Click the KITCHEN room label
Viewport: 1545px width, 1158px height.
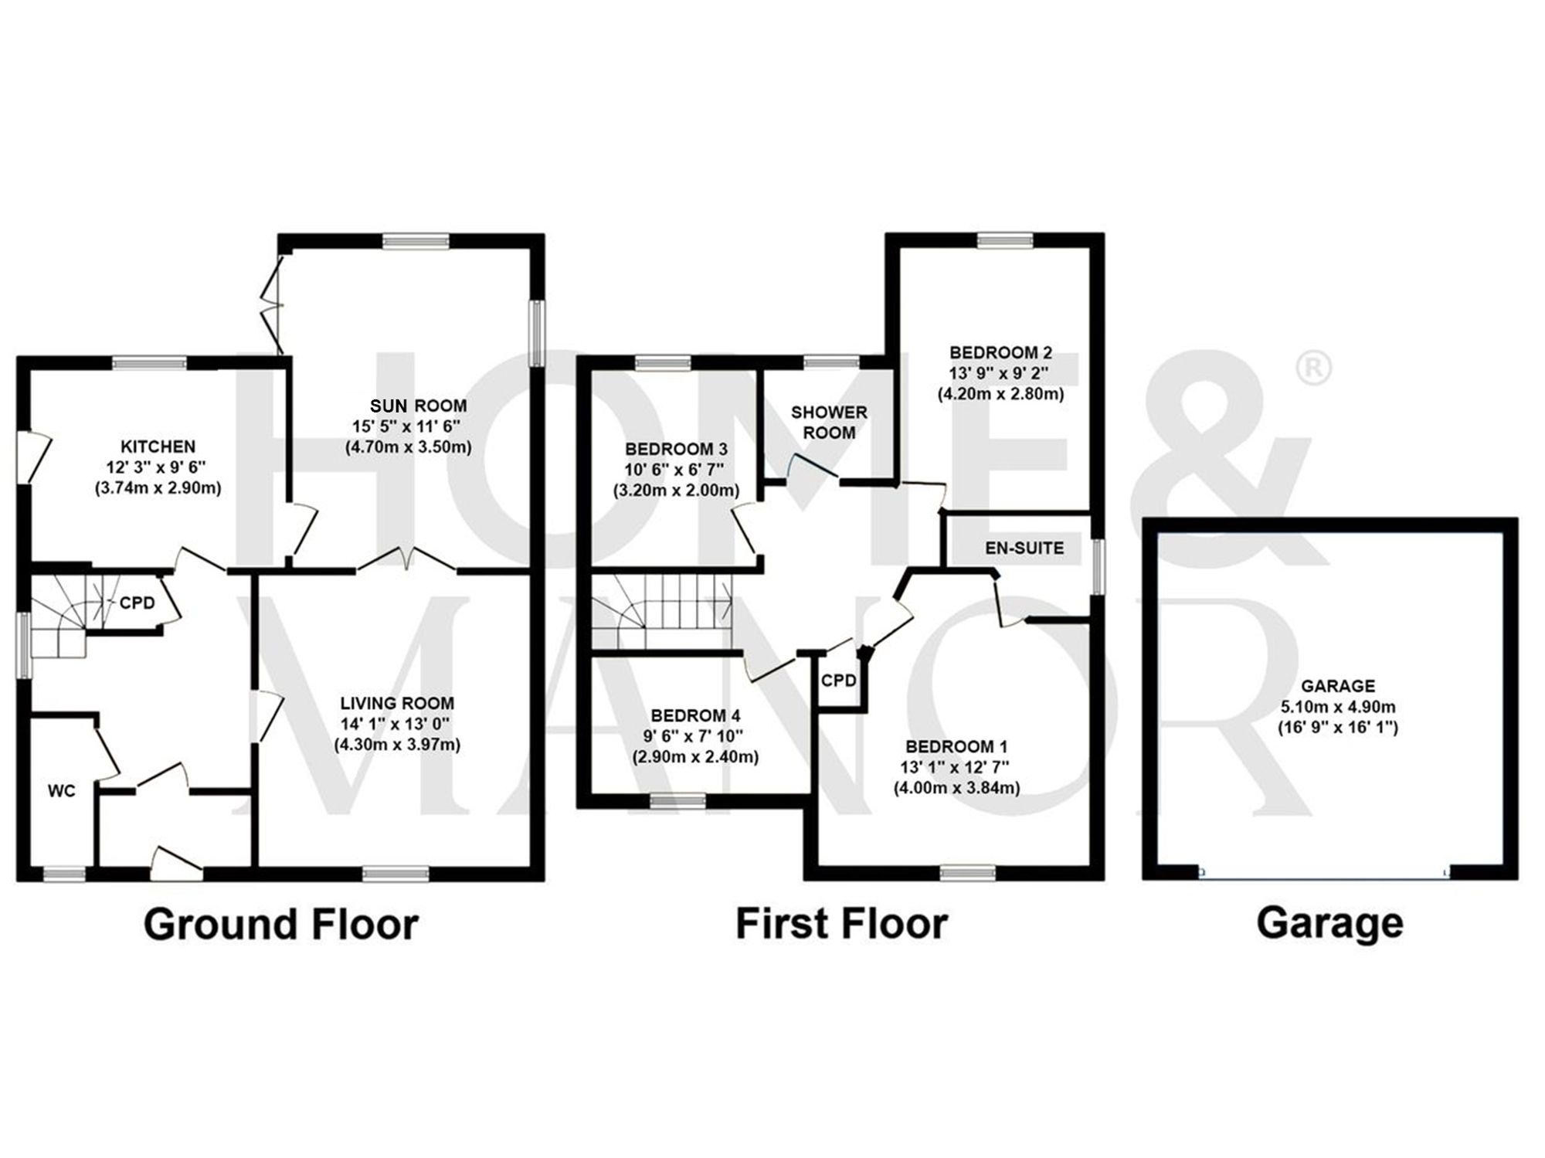pyautogui.click(x=158, y=447)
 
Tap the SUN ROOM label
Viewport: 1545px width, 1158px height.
pyautogui.click(x=418, y=406)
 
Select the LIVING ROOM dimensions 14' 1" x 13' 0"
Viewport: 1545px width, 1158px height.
pyautogui.click(x=397, y=724)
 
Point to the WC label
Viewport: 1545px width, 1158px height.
pyautogui.click(x=62, y=791)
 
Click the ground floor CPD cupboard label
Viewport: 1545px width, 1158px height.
pyautogui.click(x=137, y=603)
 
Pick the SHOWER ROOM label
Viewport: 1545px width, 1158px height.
pyautogui.click(x=829, y=423)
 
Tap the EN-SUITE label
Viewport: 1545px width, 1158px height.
pyautogui.click(x=1024, y=548)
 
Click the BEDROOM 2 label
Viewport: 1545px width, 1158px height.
pyautogui.click(x=1000, y=353)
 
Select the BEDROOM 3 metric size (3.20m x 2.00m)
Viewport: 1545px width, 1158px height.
pyautogui.click(x=676, y=490)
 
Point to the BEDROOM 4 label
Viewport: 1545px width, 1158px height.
pyautogui.click(x=695, y=715)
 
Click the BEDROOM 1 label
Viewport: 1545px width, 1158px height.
pyautogui.click(x=956, y=746)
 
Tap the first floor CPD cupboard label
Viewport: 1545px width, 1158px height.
pyautogui.click(x=839, y=680)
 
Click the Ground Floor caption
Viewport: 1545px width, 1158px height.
pyautogui.click(x=281, y=924)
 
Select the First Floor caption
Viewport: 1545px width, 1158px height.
pyautogui.click(x=841, y=923)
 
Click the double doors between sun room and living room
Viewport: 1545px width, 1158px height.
pyautogui.click(x=407, y=559)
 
